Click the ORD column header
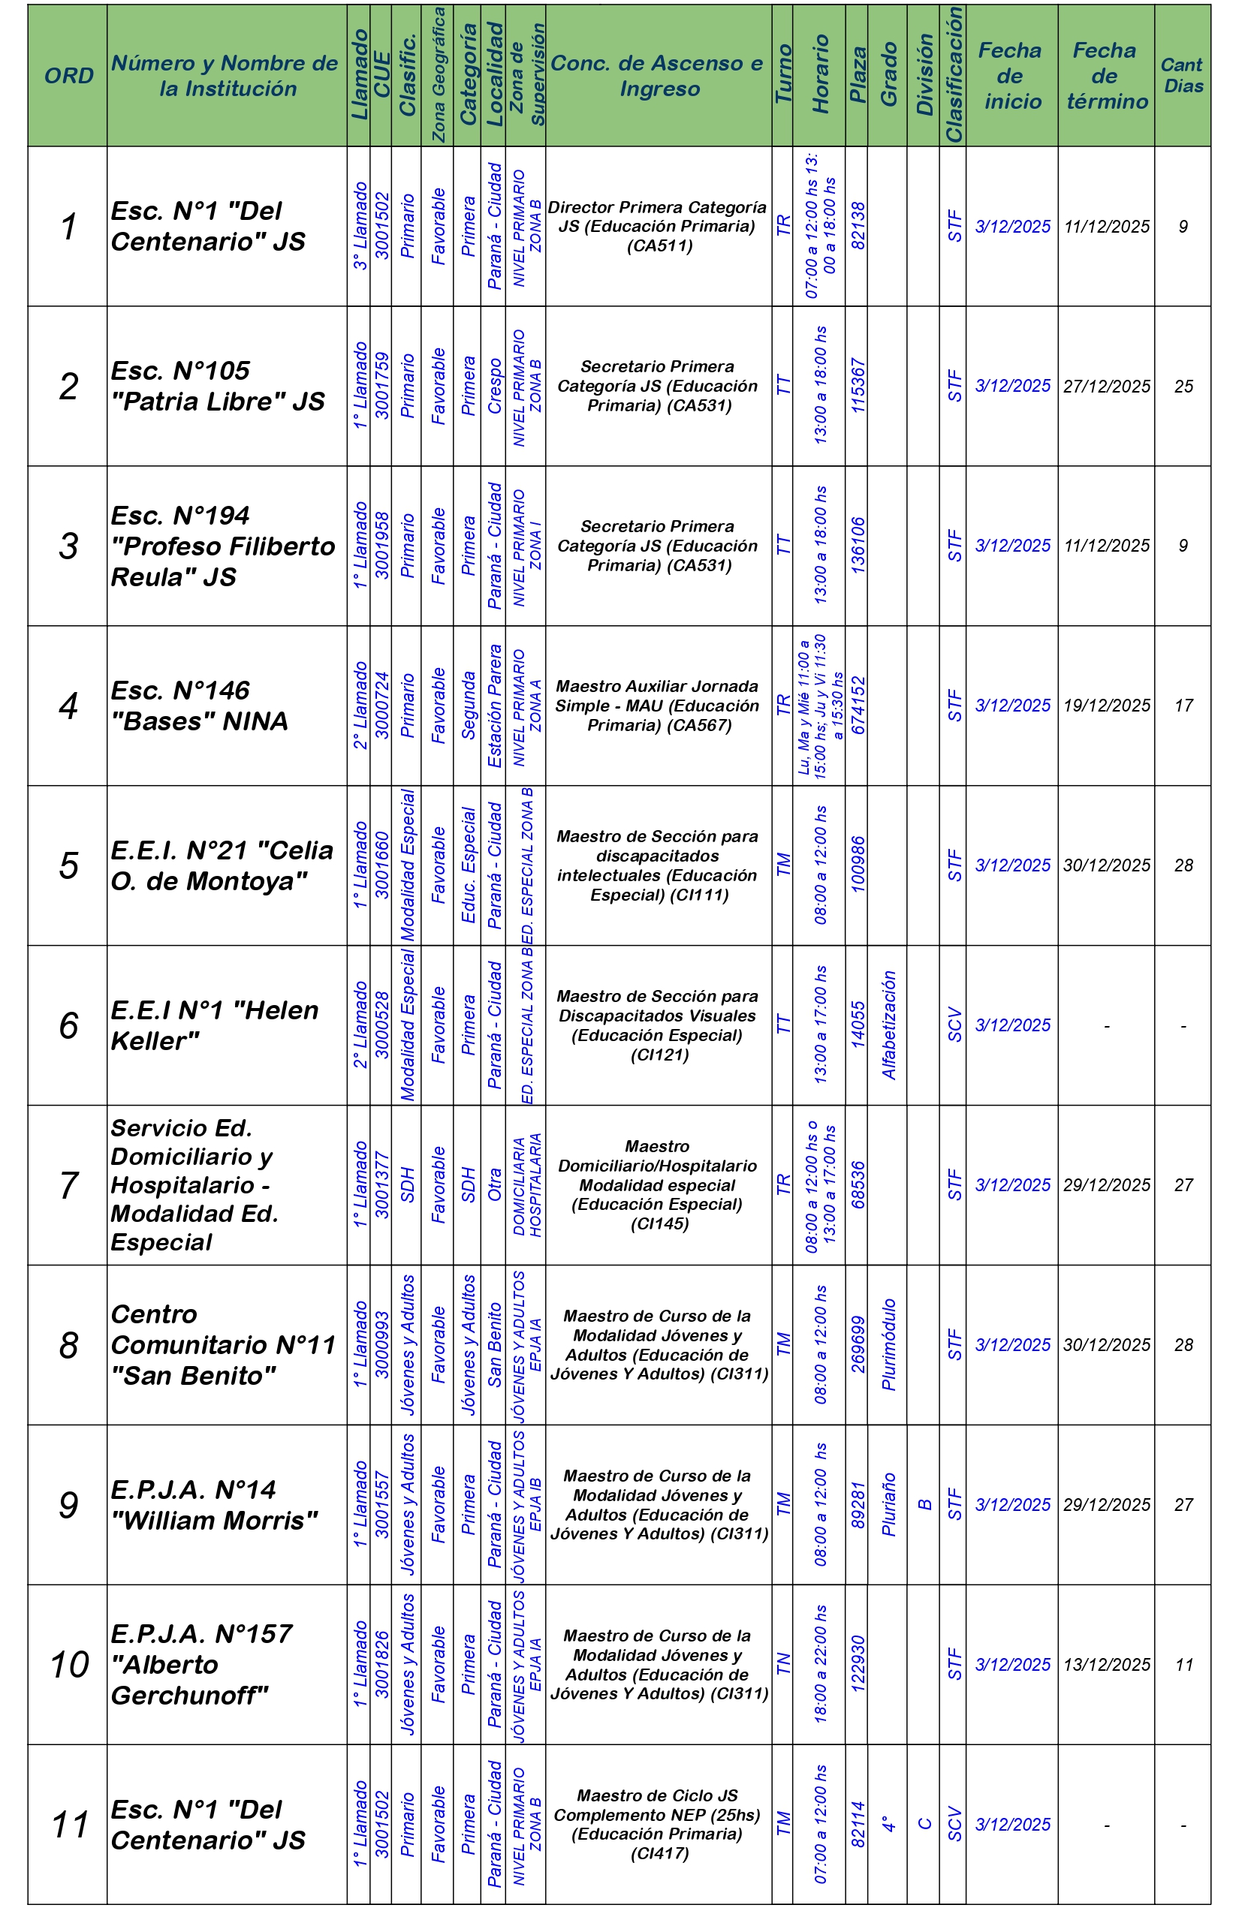coord(68,76)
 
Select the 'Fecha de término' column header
coord(1106,76)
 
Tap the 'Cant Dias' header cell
coord(1182,76)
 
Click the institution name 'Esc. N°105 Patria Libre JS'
coord(217,386)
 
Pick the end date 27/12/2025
coord(1106,386)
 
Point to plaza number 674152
coord(858,706)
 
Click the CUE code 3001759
coord(381,386)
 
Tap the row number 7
coord(68,1185)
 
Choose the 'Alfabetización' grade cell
coord(888,1025)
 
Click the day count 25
coord(1183,386)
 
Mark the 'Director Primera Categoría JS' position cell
coord(657,226)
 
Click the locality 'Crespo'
coord(494,386)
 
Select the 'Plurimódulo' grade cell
coord(888,1344)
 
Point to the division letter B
coord(924,1505)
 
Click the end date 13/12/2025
coord(1106,1665)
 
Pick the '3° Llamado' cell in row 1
coord(360,226)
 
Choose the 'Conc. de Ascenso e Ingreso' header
coord(657,76)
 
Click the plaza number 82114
coord(858,1825)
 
